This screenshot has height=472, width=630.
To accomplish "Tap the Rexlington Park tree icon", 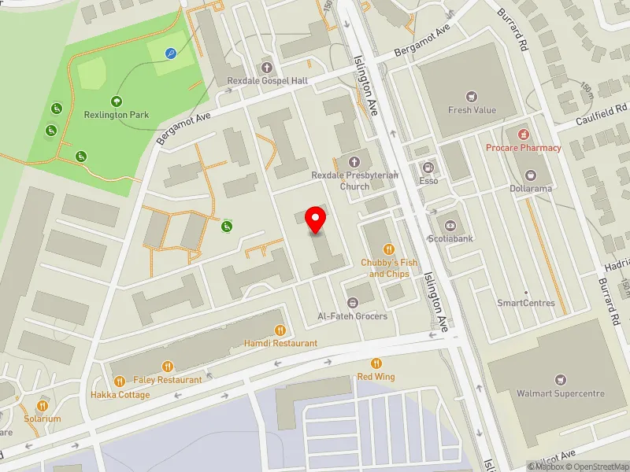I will (x=117, y=101).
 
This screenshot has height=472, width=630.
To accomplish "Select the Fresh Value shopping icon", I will (x=472, y=97).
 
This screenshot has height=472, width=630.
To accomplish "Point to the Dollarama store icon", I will (x=530, y=174).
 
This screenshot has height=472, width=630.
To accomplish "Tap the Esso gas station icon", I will (x=428, y=167).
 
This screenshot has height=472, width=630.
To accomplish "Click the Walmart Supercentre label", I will (x=560, y=393).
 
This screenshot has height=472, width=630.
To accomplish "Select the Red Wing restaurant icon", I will (x=376, y=363).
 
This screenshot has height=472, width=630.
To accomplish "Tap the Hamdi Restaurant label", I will (x=280, y=343).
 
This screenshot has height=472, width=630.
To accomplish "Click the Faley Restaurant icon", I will (x=167, y=366).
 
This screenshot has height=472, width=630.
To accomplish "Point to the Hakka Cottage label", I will (x=120, y=394).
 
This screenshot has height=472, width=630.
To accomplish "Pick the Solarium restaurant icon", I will (x=42, y=406).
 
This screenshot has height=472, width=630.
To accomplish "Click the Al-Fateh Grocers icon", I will (x=352, y=302).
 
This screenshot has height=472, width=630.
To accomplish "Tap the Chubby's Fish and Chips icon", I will (x=387, y=249).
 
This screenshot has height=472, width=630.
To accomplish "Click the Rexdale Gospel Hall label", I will (x=266, y=81).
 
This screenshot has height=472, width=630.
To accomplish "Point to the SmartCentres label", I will (x=526, y=303).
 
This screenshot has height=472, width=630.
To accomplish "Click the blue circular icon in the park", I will (x=171, y=53).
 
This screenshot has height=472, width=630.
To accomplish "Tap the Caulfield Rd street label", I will (x=599, y=117).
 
